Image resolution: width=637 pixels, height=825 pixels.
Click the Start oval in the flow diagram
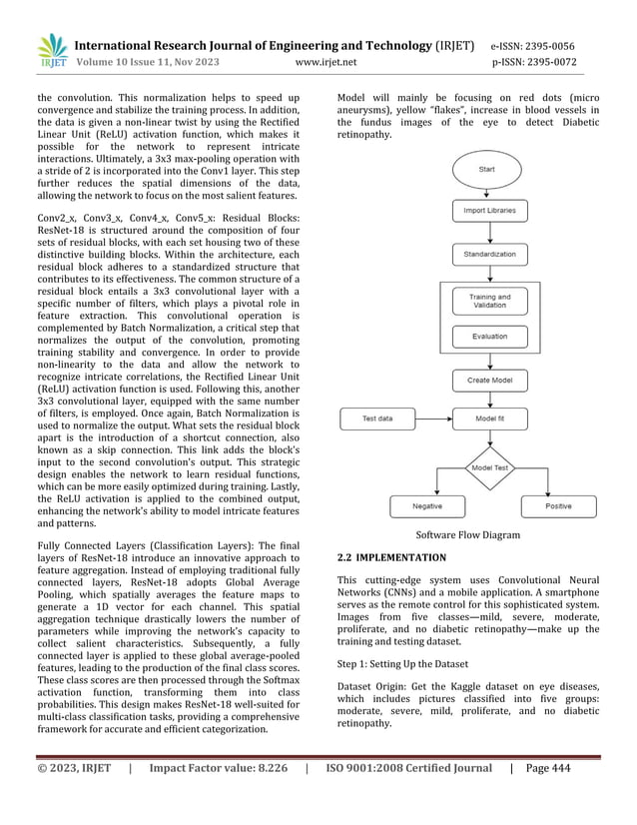point(486,170)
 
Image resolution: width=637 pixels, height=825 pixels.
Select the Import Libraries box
point(489,211)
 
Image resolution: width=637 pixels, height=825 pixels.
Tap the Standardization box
point(489,255)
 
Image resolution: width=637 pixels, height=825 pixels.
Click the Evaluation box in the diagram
point(489,338)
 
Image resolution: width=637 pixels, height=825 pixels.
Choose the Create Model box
point(489,380)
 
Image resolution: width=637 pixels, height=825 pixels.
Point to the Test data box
point(377,418)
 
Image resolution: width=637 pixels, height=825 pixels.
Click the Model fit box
point(489,418)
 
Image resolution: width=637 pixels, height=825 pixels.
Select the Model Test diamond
point(489,466)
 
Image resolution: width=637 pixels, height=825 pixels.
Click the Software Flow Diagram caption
point(466,535)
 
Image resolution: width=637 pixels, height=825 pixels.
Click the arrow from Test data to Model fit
point(432,418)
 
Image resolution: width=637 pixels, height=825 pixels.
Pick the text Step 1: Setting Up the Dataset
point(416,662)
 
